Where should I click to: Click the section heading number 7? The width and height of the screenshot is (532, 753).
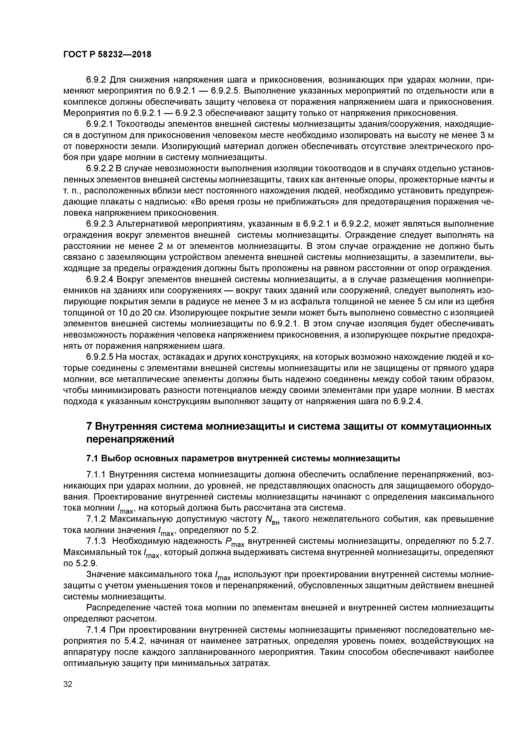89,426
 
